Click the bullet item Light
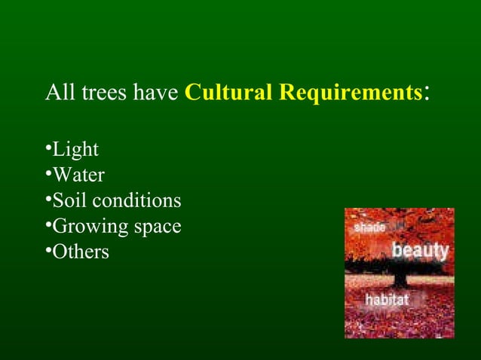75,150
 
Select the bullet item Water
78,175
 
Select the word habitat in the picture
387,300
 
